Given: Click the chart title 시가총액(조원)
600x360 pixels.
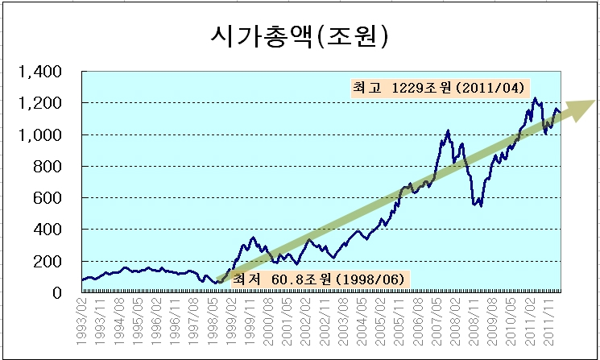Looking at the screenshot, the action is coord(300,37).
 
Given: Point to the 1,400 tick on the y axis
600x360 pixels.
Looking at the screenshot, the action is coord(39,72).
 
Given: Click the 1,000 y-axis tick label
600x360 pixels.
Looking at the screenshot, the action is coord(39,135).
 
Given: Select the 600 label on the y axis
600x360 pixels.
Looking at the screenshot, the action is coord(47,198).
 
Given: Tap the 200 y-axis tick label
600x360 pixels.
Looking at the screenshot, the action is coord(47,262).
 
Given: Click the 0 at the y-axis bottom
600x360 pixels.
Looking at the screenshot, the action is coord(56,293).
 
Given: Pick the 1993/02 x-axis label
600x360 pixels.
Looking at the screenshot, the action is coord(81,321).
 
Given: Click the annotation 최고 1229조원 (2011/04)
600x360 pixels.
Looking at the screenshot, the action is coord(438,89).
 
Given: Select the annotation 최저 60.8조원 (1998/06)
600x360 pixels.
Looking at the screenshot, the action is coord(321,279).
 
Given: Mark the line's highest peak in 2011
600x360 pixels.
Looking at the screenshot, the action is coord(535,98).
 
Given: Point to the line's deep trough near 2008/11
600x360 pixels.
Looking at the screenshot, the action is coord(481,205).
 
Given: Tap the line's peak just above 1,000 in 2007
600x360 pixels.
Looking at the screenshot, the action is coord(448,130).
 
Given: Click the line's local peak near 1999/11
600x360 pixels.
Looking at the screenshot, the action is coord(253,238).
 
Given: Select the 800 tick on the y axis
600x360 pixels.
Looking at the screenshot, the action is coord(47,167).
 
